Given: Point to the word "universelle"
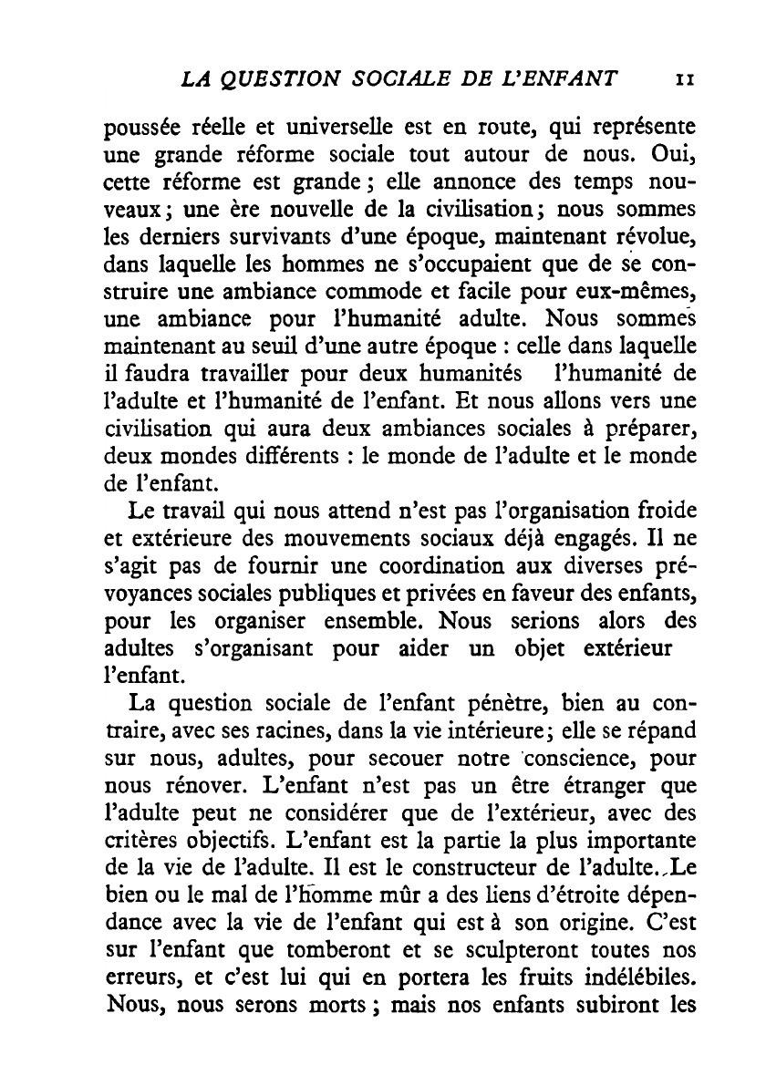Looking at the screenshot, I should (x=299, y=127).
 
